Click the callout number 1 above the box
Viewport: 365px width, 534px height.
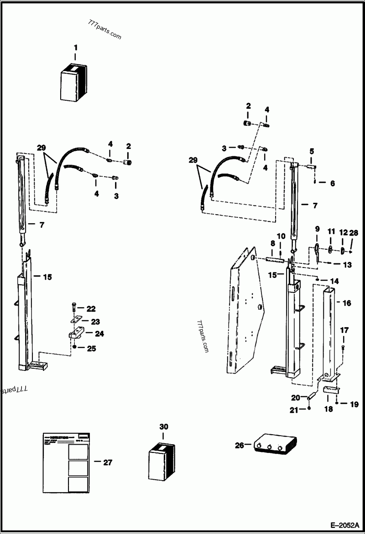[x=76, y=47]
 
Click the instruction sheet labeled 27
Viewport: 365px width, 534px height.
[x=67, y=462]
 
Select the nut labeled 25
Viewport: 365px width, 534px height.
[x=74, y=347]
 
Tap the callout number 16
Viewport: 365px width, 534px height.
[x=347, y=303]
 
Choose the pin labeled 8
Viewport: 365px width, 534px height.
[x=275, y=260]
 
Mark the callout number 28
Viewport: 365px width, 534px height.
[x=354, y=233]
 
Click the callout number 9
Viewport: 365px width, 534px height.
[x=317, y=228]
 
